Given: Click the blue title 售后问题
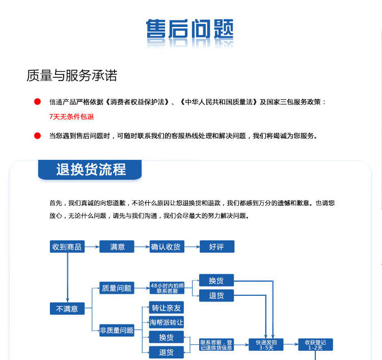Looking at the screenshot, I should [x=189, y=31].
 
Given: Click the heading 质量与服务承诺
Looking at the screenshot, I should [x=72, y=76].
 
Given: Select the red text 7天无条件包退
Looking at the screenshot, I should [x=71, y=117].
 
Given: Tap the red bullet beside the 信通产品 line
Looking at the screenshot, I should [x=37, y=102].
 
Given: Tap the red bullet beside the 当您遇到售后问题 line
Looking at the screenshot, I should [x=37, y=135].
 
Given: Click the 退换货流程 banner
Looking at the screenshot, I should [x=91, y=170].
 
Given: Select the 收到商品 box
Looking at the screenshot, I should [x=67, y=247].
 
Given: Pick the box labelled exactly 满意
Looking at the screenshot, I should [x=117, y=247].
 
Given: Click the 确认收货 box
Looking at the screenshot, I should [x=167, y=247].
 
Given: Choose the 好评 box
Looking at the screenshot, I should [x=216, y=247].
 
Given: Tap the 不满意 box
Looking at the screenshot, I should [x=67, y=309].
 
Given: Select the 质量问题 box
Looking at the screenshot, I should [x=117, y=288].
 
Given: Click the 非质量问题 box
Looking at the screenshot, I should [x=117, y=330].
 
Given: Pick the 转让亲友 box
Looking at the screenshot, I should [x=166, y=308].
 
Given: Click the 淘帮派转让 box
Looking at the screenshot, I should [x=166, y=322].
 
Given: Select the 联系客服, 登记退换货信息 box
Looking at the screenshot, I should [x=216, y=345].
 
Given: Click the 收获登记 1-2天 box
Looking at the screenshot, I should [x=315, y=345].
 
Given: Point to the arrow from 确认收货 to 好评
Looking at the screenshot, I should [x=192, y=247].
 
